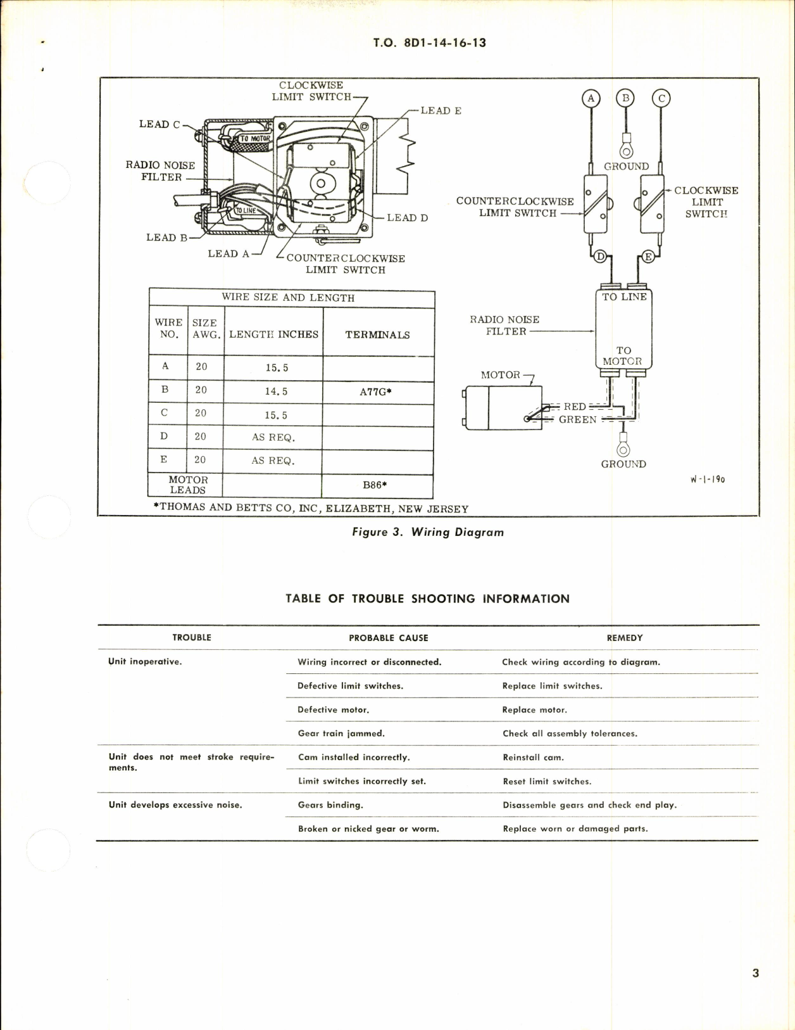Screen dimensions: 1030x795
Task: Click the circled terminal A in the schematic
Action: [x=591, y=98]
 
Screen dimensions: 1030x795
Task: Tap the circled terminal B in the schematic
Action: [x=626, y=98]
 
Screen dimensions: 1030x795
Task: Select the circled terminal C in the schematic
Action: [x=661, y=98]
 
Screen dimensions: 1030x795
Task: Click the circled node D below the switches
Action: [x=600, y=257]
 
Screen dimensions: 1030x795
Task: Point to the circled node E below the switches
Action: [x=648, y=257]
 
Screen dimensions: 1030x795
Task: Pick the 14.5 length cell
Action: [x=276, y=391]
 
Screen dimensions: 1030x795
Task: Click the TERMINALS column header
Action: [x=377, y=334]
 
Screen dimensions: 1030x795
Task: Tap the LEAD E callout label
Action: [x=441, y=111]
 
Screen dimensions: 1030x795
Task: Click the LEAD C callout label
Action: [x=160, y=124]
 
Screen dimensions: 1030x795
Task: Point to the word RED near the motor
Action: [x=575, y=407]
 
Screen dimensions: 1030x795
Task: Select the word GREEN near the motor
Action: [x=577, y=419]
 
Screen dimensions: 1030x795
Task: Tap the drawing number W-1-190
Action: [x=708, y=480]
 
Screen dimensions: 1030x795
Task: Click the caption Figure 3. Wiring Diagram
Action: [x=428, y=532]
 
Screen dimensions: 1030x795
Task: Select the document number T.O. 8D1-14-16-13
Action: [x=430, y=43]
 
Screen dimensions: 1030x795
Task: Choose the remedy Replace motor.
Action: [x=534, y=710]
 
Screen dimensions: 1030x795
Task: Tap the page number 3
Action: [x=755, y=973]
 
